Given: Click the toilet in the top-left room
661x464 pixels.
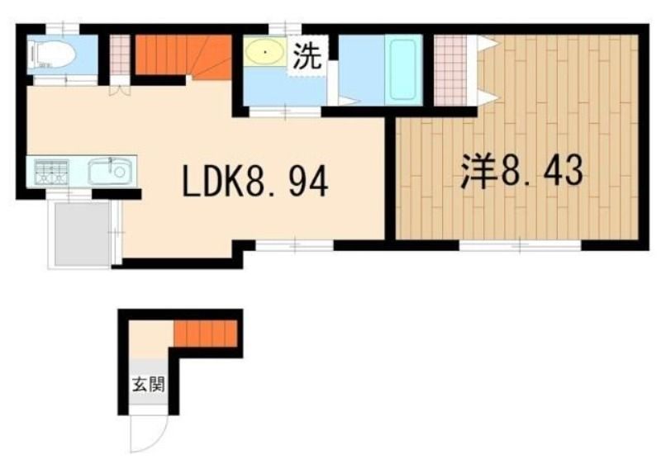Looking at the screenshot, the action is point(51,54).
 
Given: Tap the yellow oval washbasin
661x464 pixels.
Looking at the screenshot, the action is point(264,52).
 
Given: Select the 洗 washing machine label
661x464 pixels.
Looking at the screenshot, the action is point(307,55).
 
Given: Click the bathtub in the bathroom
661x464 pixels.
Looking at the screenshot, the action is point(403,70).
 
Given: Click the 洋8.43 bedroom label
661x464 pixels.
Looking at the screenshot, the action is point(522,172).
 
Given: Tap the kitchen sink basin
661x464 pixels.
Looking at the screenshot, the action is point(112,172).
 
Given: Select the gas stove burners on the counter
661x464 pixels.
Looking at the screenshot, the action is point(52,172).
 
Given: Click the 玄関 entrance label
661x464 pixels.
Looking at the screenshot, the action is point(148,385).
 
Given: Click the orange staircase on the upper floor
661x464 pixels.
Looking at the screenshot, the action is point(183,56).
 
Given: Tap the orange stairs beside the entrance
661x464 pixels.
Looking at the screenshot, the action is point(206,334).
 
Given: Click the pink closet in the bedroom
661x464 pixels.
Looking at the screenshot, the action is point(450,70).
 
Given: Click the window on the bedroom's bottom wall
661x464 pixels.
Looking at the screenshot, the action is point(520,244).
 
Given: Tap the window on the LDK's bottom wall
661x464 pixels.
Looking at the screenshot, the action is point(295,244).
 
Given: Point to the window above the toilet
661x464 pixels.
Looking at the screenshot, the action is point(62,29).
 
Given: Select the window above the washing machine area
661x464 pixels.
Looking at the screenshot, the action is point(285,29).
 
